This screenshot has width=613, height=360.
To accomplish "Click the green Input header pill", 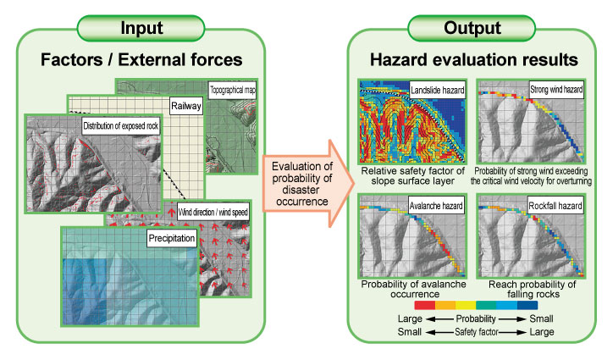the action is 141,28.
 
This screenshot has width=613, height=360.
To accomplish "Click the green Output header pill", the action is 472,28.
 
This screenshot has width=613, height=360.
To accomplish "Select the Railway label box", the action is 186,106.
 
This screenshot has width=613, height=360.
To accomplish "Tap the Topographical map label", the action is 232,90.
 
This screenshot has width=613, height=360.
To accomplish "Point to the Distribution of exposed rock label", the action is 121,126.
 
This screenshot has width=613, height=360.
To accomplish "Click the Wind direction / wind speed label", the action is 213,213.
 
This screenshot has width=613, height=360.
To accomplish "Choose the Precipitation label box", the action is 172,238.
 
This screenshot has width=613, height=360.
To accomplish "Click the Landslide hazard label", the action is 438,91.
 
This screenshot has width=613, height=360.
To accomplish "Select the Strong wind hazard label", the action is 556,90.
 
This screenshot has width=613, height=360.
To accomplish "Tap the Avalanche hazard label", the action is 436,206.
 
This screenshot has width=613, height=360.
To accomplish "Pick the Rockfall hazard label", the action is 555,206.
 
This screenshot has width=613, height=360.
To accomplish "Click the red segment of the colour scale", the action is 424,305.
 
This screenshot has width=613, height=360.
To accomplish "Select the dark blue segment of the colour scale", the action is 527,305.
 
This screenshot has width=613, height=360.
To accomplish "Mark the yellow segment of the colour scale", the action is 466,305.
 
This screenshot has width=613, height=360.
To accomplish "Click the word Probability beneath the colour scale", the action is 476,318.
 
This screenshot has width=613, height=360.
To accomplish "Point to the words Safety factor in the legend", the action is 476,332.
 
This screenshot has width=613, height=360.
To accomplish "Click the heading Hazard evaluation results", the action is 474,60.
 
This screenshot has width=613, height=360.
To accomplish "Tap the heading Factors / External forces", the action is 141,60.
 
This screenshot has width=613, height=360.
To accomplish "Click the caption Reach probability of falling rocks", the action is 533,289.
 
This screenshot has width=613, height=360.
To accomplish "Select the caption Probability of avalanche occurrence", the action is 414,289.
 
